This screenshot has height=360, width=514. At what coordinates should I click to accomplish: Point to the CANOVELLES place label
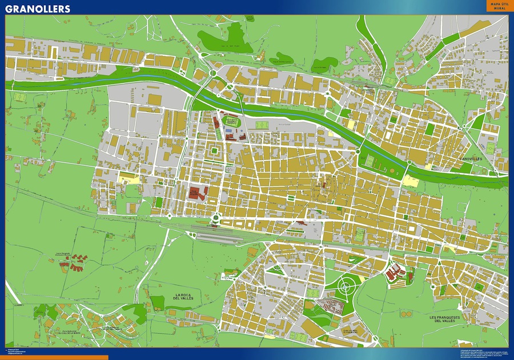click(x=471, y=158)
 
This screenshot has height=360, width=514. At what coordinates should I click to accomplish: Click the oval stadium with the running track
click(x=231, y=121)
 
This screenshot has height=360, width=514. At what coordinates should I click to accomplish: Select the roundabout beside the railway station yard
click(x=216, y=217)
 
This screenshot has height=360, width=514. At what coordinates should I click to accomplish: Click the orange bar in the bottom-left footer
click(x=54, y=357)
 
